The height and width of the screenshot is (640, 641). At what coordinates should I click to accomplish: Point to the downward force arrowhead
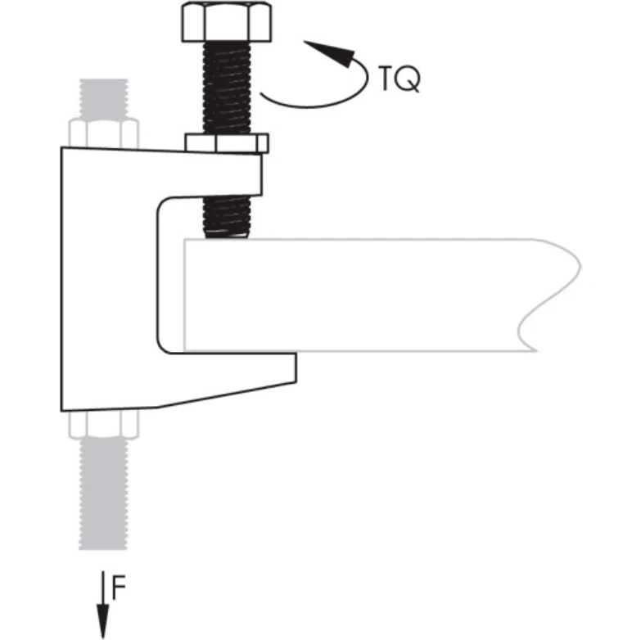click(102, 625)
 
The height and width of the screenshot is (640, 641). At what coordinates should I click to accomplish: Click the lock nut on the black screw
click(227, 144)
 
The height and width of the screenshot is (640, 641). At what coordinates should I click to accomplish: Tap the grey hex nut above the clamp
click(104, 133)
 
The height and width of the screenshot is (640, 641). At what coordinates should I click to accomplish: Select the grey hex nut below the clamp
click(104, 424)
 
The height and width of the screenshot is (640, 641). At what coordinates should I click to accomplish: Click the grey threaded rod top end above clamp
click(104, 97)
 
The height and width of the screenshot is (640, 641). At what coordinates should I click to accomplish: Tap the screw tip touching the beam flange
click(227, 234)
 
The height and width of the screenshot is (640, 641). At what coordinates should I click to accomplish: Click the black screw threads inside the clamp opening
click(227, 214)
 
